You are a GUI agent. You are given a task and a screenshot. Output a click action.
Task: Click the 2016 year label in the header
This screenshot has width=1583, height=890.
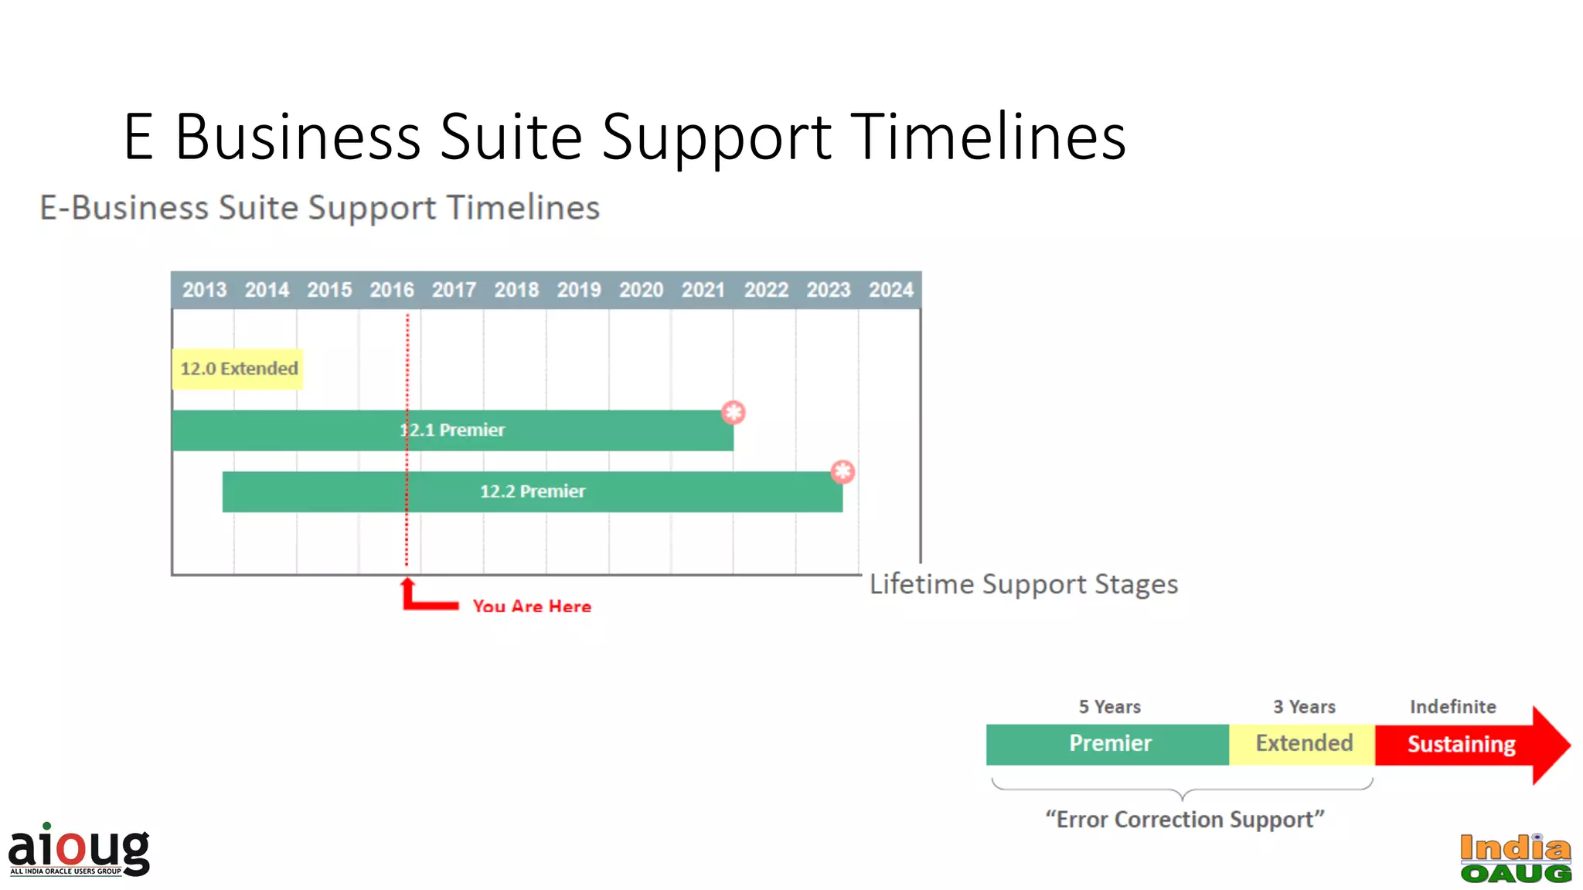click(391, 290)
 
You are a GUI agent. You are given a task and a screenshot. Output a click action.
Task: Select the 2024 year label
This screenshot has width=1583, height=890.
click(890, 290)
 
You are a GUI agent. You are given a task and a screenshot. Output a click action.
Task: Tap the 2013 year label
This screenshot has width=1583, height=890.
click(204, 290)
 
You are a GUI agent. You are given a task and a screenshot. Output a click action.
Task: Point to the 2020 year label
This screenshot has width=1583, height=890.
click(641, 290)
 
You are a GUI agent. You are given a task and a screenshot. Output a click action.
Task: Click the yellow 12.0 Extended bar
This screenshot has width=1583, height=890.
click(238, 369)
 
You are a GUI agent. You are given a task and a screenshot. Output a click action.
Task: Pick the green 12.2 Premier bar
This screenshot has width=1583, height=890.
click(657, 492)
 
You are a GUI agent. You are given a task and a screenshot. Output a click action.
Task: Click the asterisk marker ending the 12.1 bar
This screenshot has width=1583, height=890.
click(733, 413)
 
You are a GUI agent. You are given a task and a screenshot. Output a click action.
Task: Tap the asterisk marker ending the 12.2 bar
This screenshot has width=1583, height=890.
click(842, 471)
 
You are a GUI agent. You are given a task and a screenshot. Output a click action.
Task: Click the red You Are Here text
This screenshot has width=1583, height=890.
click(532, 606)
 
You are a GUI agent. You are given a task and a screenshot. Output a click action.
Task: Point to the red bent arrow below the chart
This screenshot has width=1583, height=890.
click(421, 598)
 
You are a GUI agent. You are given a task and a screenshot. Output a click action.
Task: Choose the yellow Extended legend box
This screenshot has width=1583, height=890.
click(1303, 744)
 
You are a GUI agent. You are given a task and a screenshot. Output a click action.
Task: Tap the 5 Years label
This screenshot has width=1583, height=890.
click(1109, 707)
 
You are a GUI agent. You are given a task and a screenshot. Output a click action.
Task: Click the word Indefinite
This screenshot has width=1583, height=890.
click(1452, 707)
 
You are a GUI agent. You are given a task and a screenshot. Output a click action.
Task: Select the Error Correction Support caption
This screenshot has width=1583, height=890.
click(1184, 819)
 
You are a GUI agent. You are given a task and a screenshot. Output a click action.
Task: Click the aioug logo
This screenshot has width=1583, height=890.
click(79, 850)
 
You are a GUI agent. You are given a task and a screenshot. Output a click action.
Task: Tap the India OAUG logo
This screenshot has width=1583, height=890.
click(1515, 858)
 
